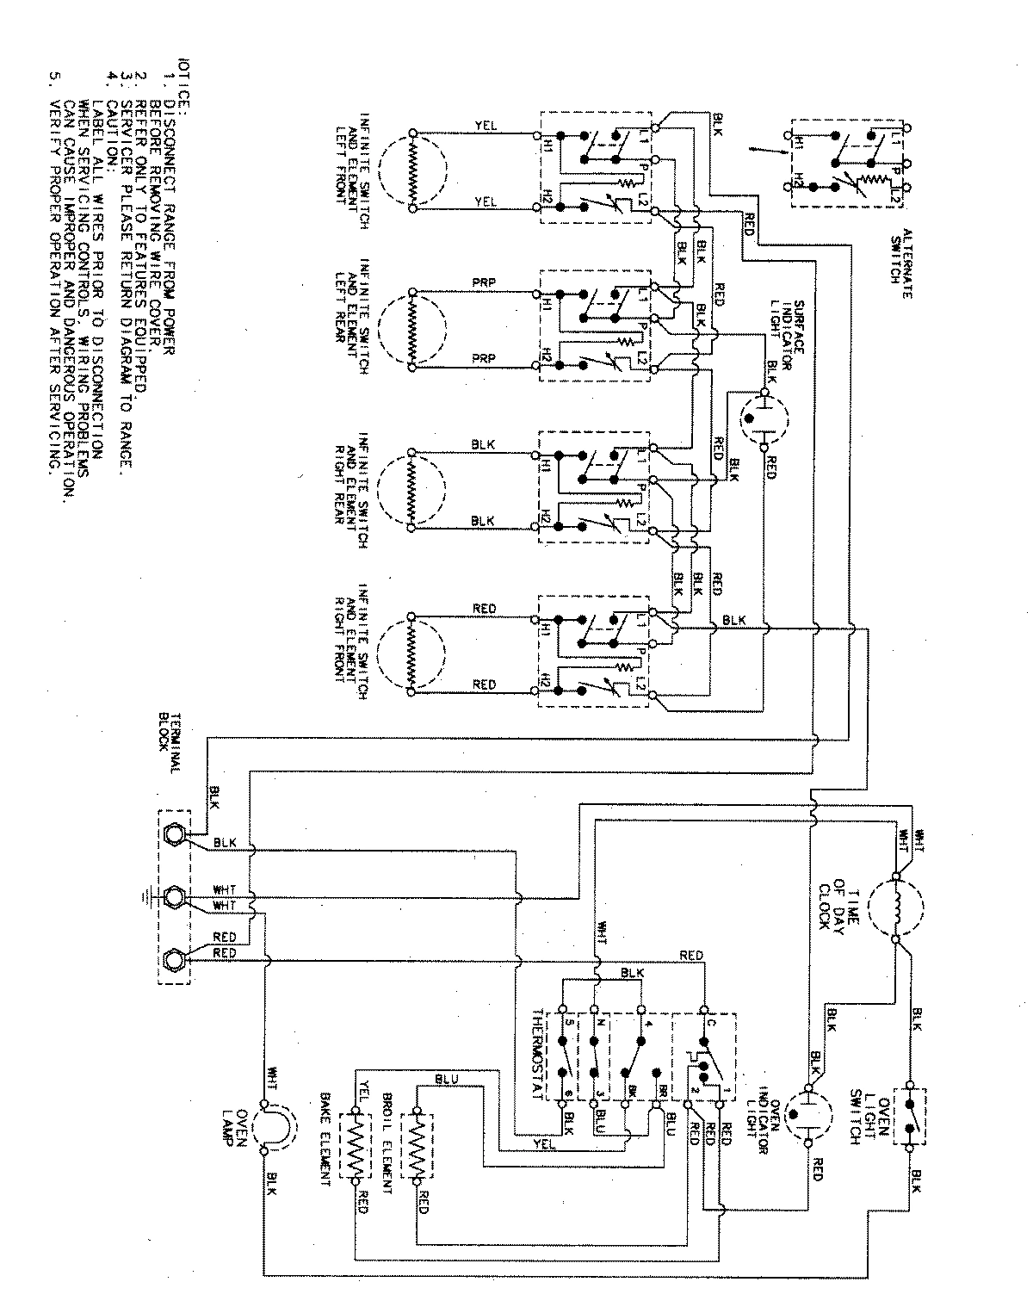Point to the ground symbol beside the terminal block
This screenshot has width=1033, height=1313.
pyautogui.click(x=147, y=898)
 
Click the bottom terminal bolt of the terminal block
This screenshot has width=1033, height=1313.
pyautogui.click(x=173, y=958)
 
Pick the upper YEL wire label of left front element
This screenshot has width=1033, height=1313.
pyautogui.click(x=485, y=125)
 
